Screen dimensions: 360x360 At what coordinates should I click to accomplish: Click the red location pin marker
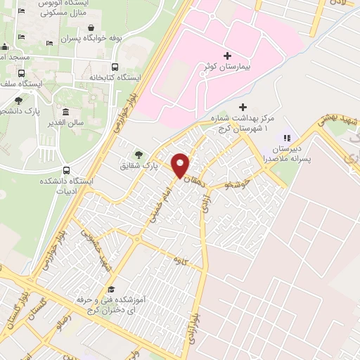pos(181,165)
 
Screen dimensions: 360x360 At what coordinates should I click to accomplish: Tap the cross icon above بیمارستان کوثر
pos(226,56)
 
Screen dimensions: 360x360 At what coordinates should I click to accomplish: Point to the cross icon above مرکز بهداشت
pos(243,107)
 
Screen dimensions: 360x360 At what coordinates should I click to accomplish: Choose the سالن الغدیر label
pos(66,123)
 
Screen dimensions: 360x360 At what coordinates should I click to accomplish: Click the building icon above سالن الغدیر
pos(66,112)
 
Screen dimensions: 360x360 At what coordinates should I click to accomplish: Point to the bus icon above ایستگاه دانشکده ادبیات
pos(66,169)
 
